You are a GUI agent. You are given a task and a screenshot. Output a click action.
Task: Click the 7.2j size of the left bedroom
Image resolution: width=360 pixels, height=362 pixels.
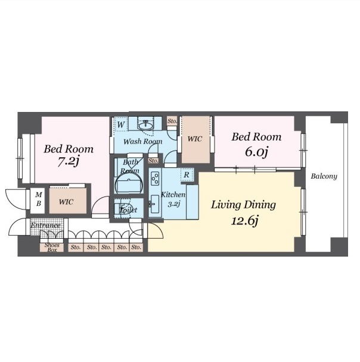click(68, 161)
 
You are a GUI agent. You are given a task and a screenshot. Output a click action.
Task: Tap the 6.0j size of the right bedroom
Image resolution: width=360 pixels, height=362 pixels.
click(256, 151)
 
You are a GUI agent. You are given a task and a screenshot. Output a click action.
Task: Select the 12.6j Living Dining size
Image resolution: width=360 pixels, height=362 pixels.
click(244, 220)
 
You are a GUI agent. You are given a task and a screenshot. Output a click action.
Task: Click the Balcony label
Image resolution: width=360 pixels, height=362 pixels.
click(324, 176)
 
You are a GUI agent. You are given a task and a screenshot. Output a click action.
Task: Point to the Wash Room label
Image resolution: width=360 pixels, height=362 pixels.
click(143, 141)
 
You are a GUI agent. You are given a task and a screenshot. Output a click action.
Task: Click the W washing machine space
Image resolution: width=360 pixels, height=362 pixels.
click(121, 124)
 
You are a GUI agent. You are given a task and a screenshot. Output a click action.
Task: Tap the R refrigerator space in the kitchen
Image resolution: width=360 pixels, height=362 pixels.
click(187, 175)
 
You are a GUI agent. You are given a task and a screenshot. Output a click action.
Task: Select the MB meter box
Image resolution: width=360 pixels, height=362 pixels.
click(38, 199)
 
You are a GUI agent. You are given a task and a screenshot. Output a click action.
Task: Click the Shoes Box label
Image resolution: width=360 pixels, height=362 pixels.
click(52, 248)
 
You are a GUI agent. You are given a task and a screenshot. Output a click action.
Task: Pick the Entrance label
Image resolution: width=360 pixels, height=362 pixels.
click(45, 225)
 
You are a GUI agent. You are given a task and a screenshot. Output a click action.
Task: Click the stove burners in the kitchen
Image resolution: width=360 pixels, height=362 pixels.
click(155, 178)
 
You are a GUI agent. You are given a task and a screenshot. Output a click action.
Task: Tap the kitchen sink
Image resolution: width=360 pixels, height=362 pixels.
click(154, 204)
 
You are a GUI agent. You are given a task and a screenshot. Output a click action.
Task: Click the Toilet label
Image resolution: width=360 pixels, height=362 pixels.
click(129, 210)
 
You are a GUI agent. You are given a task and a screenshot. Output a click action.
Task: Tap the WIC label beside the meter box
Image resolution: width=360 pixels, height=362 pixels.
click(66, 202)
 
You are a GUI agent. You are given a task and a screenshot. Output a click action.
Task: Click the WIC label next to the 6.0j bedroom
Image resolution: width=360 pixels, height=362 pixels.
click(195, 139)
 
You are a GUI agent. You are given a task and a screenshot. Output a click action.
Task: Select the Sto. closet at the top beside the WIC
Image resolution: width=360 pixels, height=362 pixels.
click(172, 121)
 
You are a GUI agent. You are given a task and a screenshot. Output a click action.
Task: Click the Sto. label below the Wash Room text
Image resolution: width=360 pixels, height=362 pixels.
click(153, 160)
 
